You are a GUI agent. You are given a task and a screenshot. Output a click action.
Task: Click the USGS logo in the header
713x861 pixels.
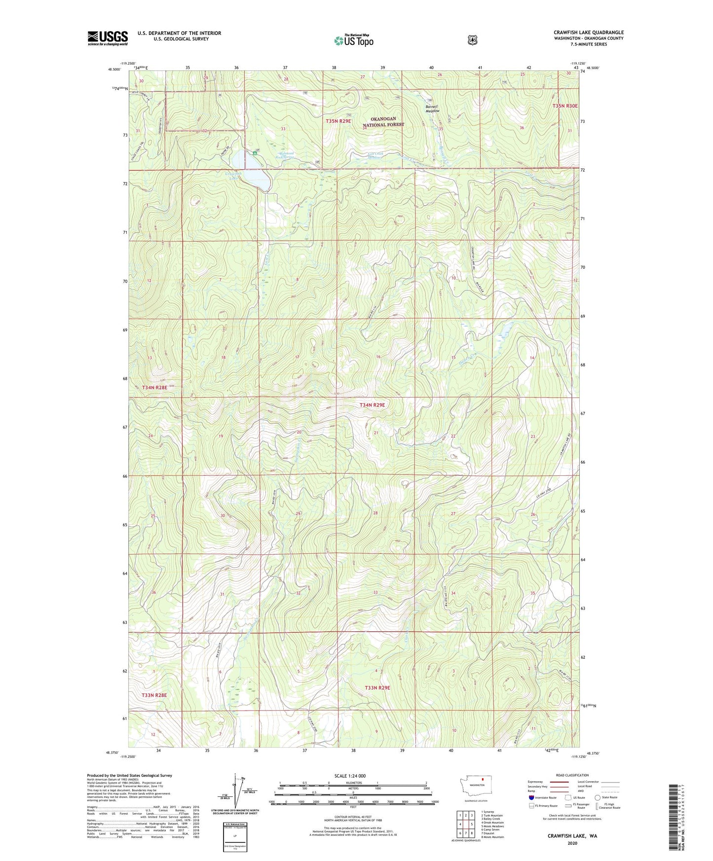(108, 38)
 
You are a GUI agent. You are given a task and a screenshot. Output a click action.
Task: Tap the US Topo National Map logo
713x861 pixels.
(353, 40)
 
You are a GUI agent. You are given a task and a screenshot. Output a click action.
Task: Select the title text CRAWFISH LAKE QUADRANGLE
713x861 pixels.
(588, 33)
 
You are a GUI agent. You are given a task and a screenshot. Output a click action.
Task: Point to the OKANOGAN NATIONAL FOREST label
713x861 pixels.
(383, 122)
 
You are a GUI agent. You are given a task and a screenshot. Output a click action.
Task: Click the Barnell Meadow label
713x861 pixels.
(432, 108)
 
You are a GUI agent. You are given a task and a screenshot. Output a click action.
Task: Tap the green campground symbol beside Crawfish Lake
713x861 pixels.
(255, 153)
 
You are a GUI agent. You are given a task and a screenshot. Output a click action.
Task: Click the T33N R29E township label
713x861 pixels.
(377, 687)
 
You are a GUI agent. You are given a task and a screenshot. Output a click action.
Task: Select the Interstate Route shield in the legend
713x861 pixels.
(531, 797)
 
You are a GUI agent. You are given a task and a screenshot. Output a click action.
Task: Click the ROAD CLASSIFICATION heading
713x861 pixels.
(572, 775)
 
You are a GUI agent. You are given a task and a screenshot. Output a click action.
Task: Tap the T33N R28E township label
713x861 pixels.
(154, 695)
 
